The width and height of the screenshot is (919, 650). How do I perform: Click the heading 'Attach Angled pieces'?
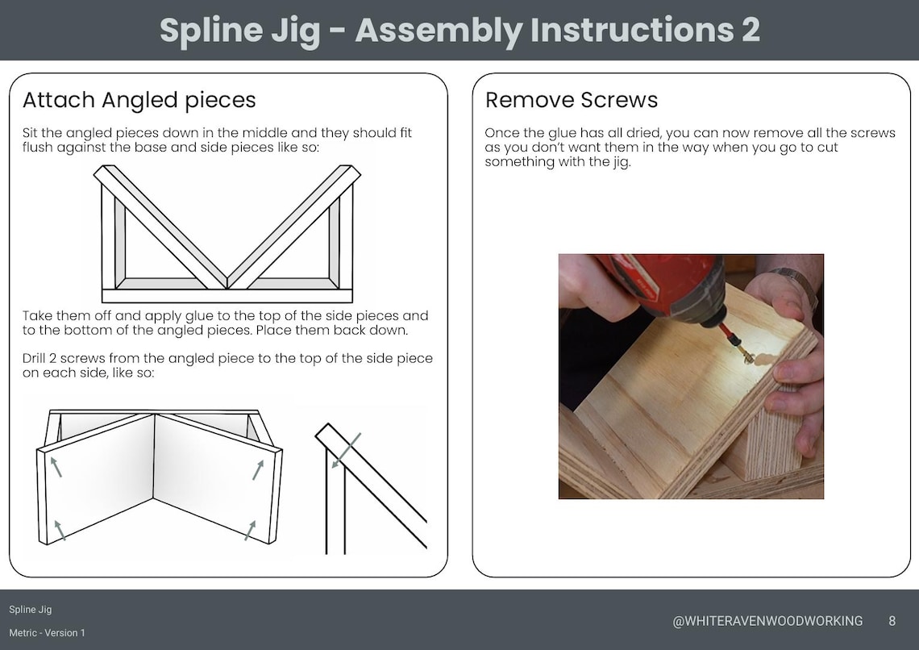point(139,100)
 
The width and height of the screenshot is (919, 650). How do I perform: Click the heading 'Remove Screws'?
point(571,100)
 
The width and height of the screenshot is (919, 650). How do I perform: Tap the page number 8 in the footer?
point(892,621)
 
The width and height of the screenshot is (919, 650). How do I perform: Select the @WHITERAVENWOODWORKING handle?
point(767,621)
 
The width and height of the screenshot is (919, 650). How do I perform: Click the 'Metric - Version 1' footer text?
point(47,633)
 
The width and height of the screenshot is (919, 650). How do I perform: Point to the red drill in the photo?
point(669,282)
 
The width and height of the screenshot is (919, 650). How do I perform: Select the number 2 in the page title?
point(749,31)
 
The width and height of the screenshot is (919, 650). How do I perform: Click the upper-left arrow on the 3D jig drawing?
point(56,466)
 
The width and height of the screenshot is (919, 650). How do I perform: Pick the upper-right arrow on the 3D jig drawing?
point(257,469)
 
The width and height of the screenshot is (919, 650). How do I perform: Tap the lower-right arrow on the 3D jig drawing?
point(250,530)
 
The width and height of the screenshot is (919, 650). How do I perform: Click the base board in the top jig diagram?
point(226,295)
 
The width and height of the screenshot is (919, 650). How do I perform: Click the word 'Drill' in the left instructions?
point(37,358)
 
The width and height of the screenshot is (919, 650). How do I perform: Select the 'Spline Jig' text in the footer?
point(31,610)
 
